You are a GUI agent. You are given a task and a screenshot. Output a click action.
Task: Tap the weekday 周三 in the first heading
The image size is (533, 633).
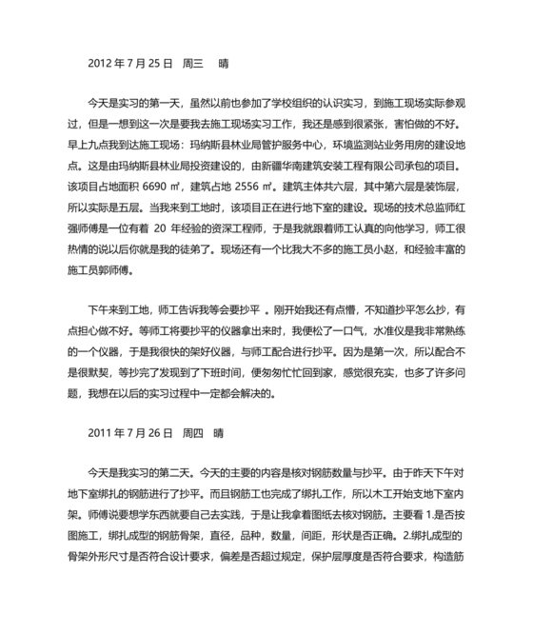193,66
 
